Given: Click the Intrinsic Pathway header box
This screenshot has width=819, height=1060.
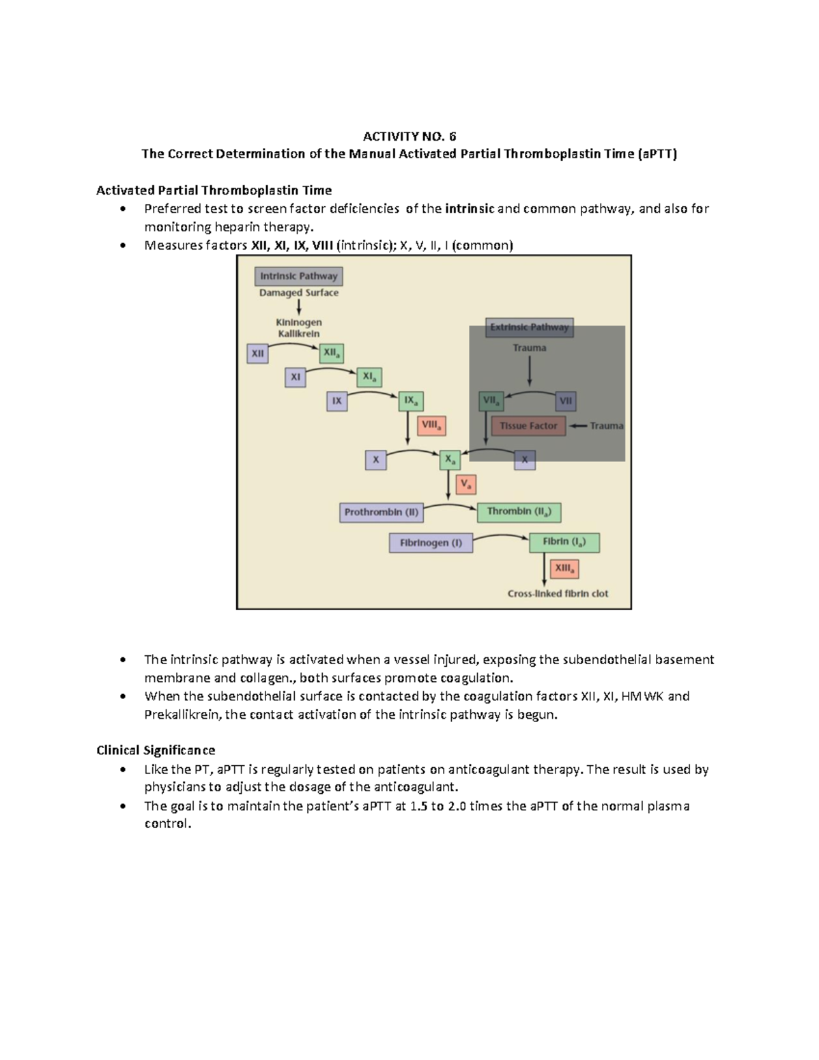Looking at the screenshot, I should pos(298,276).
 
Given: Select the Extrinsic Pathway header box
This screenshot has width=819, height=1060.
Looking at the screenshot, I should pos(529,327).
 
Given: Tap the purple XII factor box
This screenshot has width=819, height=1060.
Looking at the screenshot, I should pos(257,354).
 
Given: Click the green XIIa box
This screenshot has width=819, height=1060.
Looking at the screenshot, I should pos(331,353).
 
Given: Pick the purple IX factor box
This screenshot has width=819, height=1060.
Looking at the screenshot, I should pos(336,401).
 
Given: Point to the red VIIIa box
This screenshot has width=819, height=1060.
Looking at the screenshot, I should pos(431,425).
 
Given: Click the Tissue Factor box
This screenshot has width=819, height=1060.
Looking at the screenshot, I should pos(528,426).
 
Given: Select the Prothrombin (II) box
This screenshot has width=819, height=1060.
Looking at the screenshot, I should pos(382,512).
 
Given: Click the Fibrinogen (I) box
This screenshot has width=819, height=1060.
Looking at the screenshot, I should pos(431,543).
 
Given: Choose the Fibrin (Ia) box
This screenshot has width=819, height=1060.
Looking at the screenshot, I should pos(564,542).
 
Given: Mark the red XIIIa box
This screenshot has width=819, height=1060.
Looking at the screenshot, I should pos(564,569).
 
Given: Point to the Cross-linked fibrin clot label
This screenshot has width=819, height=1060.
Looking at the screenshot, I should pos(558,594).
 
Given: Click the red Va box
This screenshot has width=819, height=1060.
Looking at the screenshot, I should pos(465,485).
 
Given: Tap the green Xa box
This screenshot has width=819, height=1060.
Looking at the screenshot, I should pos(450,460).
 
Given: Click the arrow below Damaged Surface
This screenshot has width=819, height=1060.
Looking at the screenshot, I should pos(299,308).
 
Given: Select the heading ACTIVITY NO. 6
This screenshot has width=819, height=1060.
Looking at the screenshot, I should pos(409,136).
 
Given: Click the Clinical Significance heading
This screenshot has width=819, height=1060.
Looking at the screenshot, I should pos(156,750).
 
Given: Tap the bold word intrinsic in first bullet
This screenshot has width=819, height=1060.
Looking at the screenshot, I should pos(470,209).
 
